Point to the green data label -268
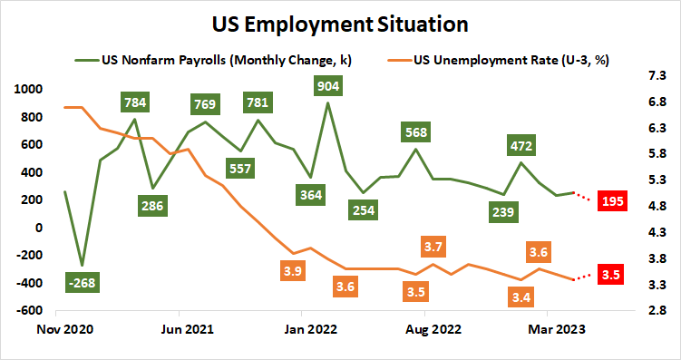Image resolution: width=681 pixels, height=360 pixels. (83, 283)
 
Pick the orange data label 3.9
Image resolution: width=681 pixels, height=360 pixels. (293, 270)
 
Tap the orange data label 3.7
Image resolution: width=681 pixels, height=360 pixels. (433, 247)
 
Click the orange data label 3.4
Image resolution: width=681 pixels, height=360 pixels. (520, 296)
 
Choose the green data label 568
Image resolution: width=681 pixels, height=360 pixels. (416, 132)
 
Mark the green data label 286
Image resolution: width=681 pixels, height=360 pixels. (152, 205)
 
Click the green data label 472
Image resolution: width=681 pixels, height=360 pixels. (521, 145)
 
